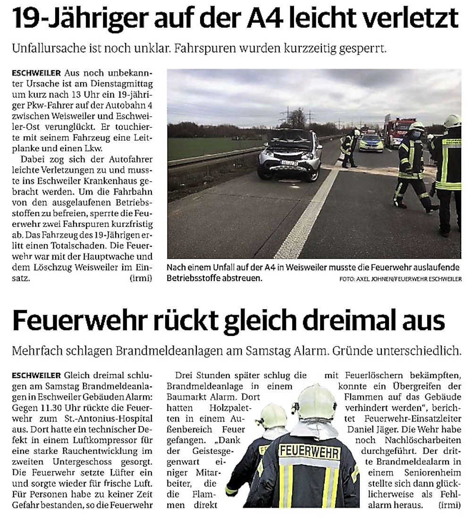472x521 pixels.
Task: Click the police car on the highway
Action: coord(371,143)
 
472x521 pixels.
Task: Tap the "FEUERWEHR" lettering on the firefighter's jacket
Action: coord(309,452)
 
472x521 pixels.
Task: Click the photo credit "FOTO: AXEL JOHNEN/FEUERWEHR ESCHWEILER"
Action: coord(400,279)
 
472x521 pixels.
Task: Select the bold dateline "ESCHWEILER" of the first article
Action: coord(37,73)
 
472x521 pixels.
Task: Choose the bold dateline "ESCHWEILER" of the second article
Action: coord(37,376)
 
